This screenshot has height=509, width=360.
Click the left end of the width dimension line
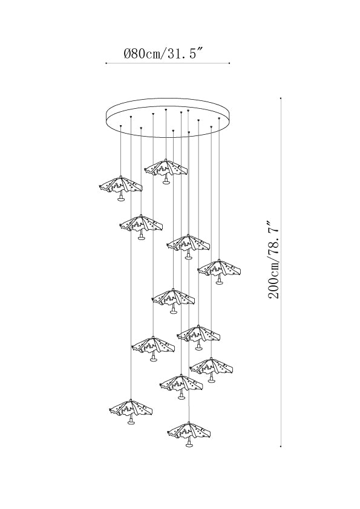pos(106,63)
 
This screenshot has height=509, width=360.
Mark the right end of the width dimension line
pos(229,63)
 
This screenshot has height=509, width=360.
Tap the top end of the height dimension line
pos(281,97)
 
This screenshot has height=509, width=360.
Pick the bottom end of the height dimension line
pos(281,447)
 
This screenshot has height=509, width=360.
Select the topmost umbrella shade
pos(166,167)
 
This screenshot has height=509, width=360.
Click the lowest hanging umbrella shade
pos(189,430)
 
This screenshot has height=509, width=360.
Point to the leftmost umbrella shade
pos(120,185)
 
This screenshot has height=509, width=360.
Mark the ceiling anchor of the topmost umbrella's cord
pos(166,110)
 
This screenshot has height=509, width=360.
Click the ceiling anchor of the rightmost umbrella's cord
pos(219,118)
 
